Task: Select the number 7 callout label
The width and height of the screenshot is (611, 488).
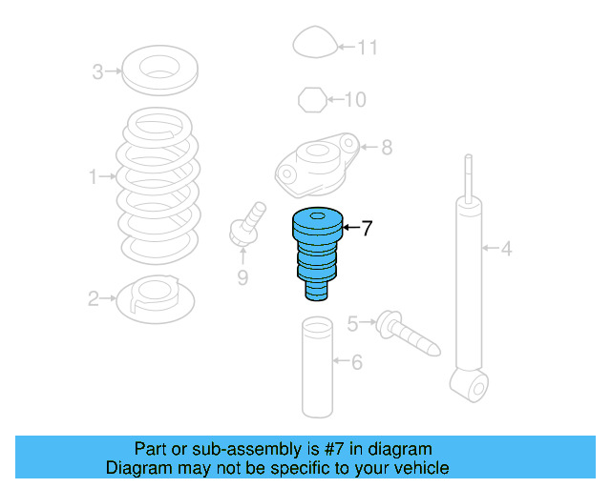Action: click(x=367, y=228)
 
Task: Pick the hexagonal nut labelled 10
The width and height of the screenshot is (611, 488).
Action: click(x=311, y=98)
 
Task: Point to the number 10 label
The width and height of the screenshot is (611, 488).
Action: click(x=354, y=99)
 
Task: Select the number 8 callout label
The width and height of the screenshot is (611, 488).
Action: click(x=387, y=148)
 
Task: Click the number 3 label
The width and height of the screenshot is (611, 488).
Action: click(x=97, y=71)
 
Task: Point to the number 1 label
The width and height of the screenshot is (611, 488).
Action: click(x=94, y=176)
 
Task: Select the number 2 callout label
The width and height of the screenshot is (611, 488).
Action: click(x=94, y=300)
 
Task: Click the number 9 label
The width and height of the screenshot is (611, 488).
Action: click(x=242, y=277)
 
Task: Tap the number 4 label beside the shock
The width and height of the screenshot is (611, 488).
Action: click(x=507, y=250)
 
